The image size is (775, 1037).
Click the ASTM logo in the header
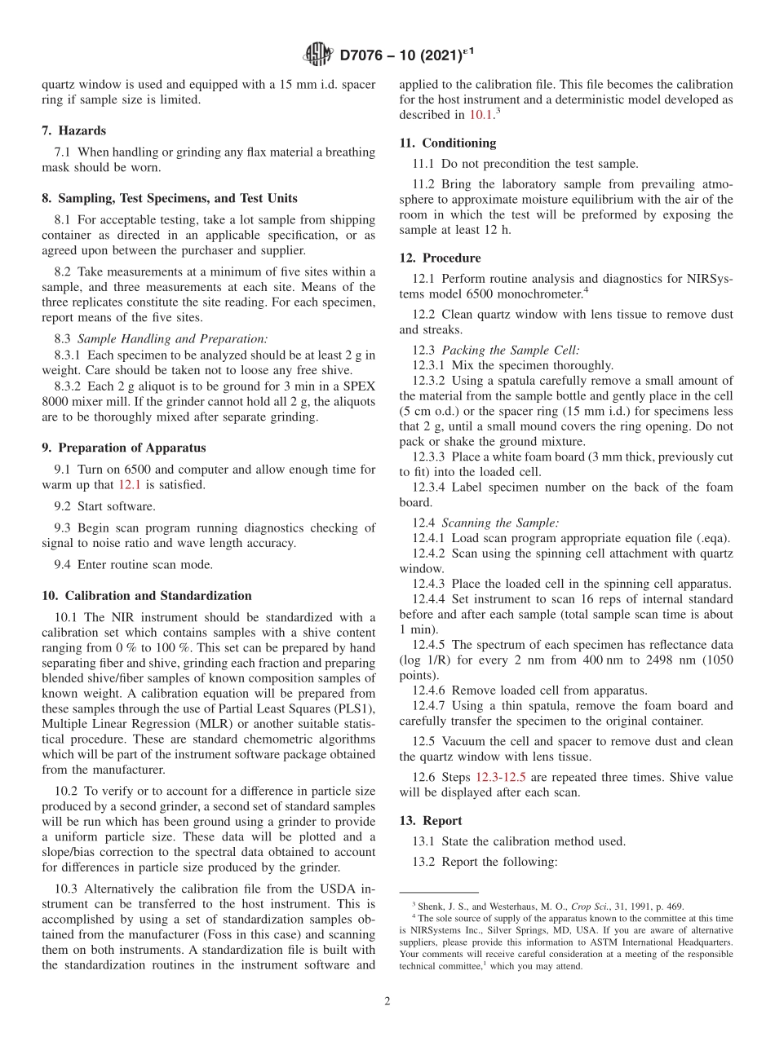tap(317, 55)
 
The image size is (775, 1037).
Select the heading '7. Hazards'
tap(73, 130)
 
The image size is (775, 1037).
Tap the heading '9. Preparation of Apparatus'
tap(123, 448)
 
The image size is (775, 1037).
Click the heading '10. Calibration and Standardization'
tap(146, 596)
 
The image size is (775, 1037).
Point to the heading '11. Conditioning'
tap(447, 143)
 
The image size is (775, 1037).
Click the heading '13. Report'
tap(431, 821)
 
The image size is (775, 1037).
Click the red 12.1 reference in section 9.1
tap(130, 485)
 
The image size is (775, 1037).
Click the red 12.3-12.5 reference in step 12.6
tap(501, 778)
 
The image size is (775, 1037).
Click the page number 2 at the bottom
tap(387, 1001)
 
